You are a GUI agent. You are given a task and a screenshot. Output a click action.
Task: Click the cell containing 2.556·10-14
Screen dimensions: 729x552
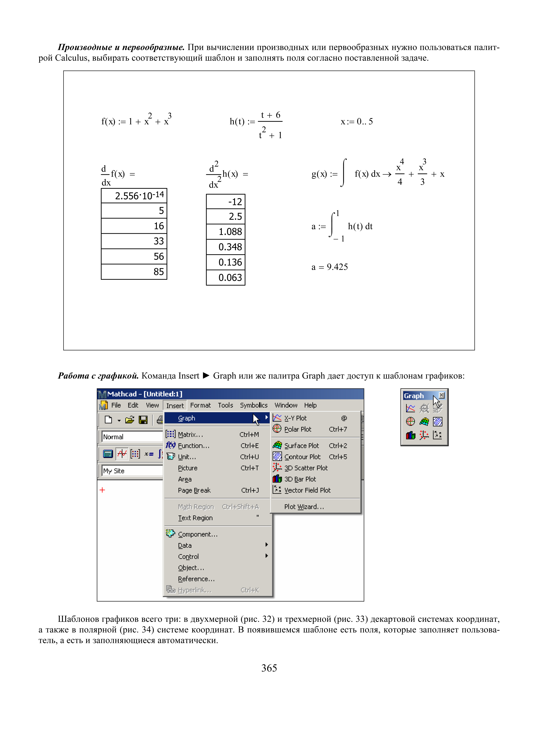(x=134, y=196)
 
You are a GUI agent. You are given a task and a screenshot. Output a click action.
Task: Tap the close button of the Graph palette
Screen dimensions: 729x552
(x=442, y=395)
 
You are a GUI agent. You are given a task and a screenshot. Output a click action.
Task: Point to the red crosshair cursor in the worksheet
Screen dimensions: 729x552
(x=102, y=490)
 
